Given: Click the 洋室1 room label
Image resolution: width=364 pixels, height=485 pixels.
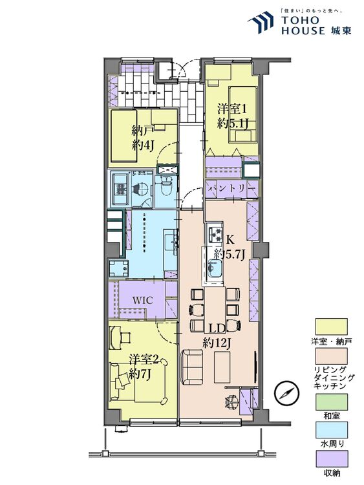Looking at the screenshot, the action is [231, 109].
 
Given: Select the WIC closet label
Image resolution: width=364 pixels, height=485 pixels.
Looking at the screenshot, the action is [143, 300].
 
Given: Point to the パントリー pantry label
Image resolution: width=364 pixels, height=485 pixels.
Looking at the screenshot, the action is [231, 188].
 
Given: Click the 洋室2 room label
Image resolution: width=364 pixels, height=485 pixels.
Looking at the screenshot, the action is [144, 360].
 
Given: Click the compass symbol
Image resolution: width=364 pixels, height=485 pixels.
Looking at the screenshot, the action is [287, 393].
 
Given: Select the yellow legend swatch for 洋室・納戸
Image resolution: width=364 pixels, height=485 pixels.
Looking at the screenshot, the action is [331, 327].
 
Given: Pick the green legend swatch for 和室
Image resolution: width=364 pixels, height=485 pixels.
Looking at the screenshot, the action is [331, 402].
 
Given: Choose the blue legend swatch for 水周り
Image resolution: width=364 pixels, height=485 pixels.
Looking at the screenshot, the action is [331, 430].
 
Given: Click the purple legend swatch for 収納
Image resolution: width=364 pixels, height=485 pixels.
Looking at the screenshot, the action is [331, 458].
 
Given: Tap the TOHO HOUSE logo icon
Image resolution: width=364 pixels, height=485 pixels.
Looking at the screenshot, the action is [261, 22].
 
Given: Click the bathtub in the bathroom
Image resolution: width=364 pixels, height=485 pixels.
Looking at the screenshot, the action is [120, 188].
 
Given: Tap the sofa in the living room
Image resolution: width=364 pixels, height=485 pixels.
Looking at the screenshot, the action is [191, 367].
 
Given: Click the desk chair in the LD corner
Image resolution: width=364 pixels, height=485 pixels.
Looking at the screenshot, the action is [233, 402].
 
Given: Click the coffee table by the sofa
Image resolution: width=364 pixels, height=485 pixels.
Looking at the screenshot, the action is [222, 367].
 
